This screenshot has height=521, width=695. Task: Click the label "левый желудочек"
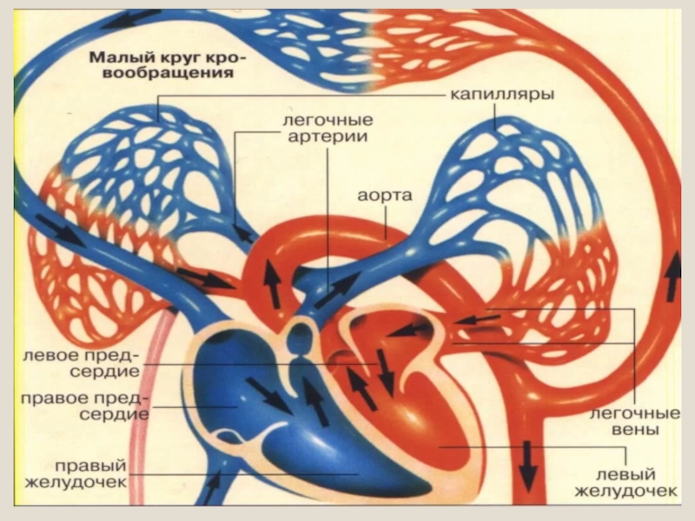[625, 483]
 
